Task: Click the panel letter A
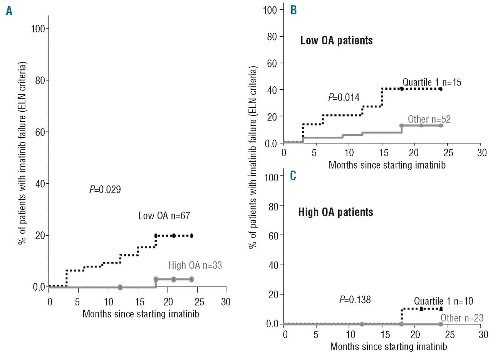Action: pos(9,12)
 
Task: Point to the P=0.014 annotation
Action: pos(344,97)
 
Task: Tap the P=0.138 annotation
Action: pos(355,299)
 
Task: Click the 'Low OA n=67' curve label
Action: pos(164,216)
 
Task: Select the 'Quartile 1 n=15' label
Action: pos(432,82)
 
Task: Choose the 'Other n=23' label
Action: pos(462,318)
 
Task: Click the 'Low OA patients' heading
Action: pos(337,40)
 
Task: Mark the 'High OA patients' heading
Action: pos(335,212)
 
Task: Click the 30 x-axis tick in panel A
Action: pos(226,301)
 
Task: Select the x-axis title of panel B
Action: pos(381,165)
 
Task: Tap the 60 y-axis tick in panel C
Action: pos(272,235)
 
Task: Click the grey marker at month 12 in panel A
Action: pos(120,287)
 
